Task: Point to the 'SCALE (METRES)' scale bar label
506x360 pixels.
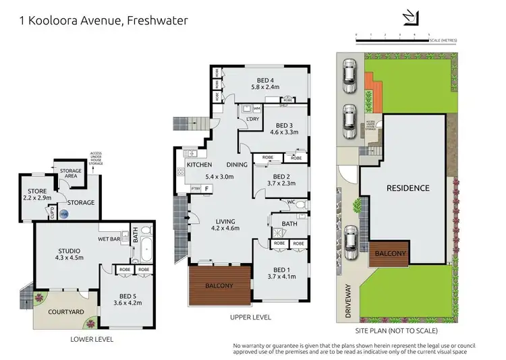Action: (x=443, y=40)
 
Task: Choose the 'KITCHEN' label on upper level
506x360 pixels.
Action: (x=199, y=165)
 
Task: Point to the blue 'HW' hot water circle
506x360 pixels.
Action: (x=64, y=214)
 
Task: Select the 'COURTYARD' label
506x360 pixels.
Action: (x=67, y=312)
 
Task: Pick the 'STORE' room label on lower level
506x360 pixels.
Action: (x=33, y=192)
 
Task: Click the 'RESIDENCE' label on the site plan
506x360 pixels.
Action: (x=407, y=188)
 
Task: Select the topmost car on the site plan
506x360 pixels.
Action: (x=349, y=77)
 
